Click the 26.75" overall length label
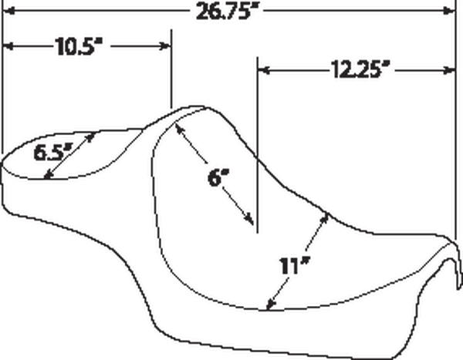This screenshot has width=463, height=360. (x=227, y=12)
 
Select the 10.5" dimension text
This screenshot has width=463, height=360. (x=79, y=46)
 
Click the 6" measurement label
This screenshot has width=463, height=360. (x=218, y=178)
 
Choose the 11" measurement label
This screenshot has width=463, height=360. (x=295, y=266)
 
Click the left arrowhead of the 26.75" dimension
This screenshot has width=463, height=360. (x=8, y=12)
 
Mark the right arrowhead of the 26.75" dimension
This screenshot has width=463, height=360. (x=449, y=12)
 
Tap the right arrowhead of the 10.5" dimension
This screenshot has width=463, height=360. (x=165, y=46)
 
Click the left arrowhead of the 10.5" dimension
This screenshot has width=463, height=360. (x=8, y=46)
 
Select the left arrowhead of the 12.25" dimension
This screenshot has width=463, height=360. (x=264, y=70)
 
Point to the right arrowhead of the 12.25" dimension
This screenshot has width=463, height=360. (x=449, y=70)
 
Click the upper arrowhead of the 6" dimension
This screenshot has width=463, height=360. (x=180, y=128)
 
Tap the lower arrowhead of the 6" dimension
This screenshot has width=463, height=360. (x=249, y=220)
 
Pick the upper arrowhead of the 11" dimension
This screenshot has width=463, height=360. (x=325, y=217)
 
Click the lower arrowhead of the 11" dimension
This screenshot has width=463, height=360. (x=271, y=304)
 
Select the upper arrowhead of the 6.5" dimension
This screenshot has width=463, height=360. (x=91, y=137)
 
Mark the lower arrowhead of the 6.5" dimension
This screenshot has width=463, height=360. (x=49, y=175)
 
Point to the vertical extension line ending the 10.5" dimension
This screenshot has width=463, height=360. (x=171, y=69)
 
